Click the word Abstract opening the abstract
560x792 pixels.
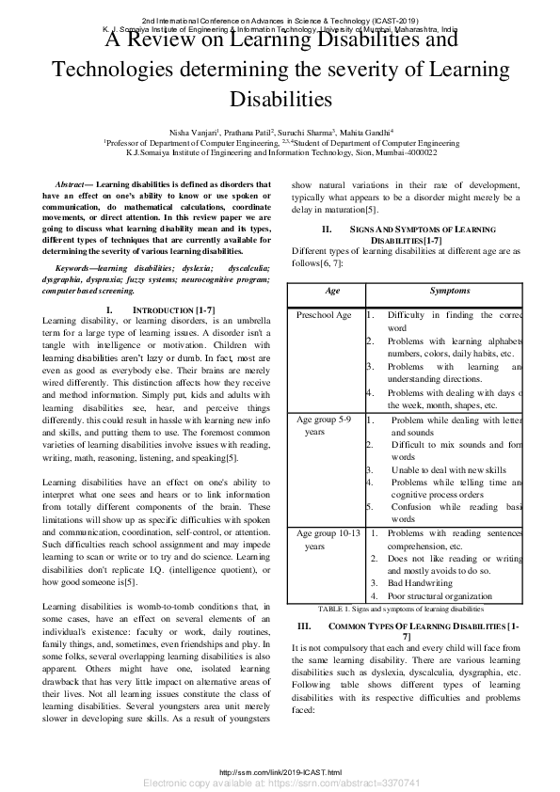click(72, 184)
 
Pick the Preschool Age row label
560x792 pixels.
click(325, 316)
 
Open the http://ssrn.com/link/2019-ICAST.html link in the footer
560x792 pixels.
click(280, 771)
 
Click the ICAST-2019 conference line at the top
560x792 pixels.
click(280, 20)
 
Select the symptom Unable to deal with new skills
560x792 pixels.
click(436, 469)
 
